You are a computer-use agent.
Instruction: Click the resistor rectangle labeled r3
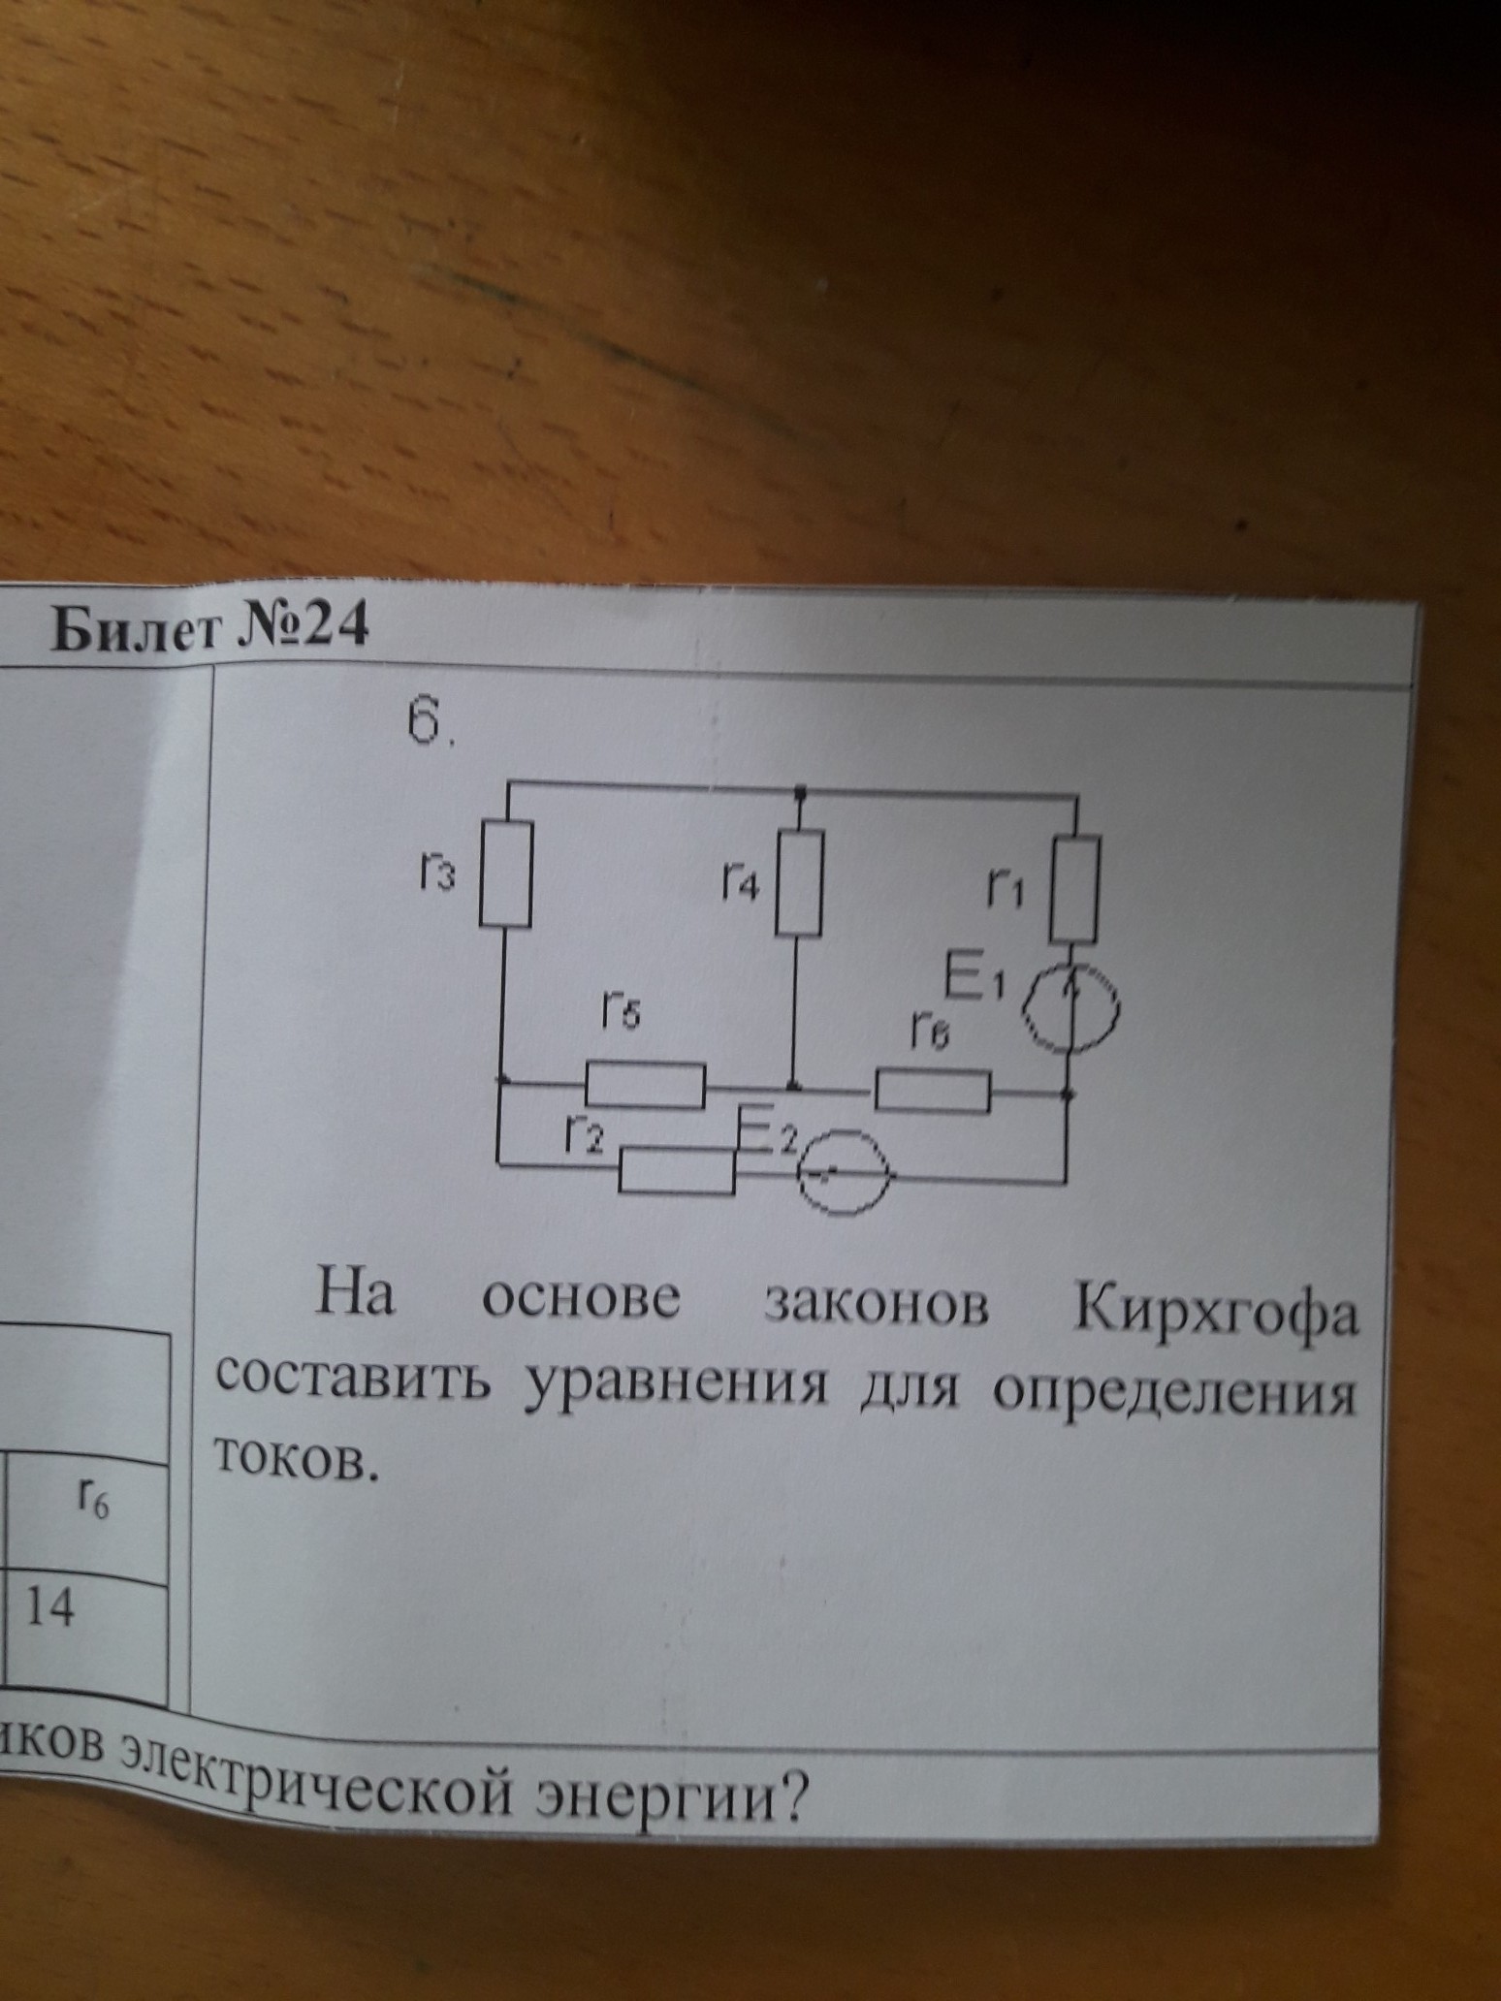click(x=506, y=873)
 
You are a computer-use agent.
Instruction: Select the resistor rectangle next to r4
click(x=798, y=881)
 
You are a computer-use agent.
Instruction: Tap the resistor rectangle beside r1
click(x=1074, y=890)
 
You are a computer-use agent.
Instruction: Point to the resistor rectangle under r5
click(x=645, y=1084)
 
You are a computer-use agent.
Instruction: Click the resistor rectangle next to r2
click(x=677, y=1171)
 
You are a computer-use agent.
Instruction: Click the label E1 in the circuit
click(x=977, y=979)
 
